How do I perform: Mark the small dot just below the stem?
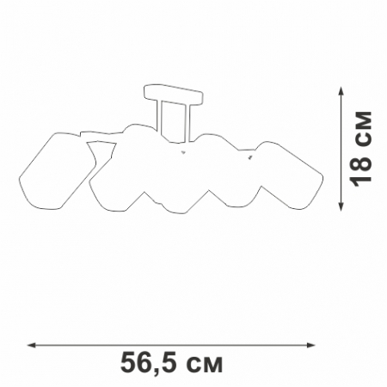[x=182, y=153]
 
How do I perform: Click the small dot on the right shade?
[x=249, y=158]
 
